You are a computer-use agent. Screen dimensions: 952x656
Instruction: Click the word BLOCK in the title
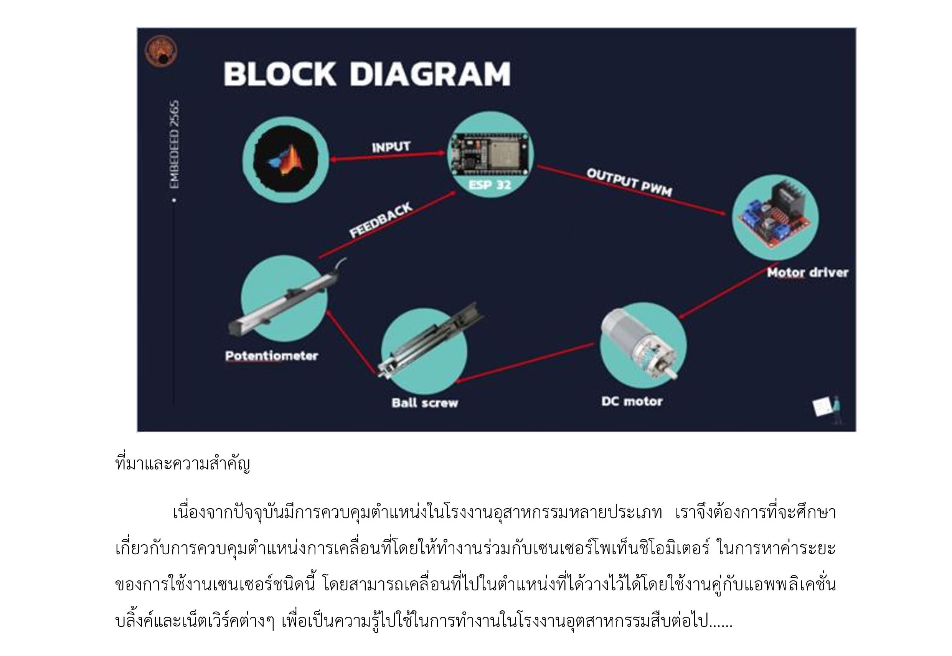coord(280,74)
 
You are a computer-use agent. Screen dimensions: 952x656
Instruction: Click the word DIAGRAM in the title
coord(430,74)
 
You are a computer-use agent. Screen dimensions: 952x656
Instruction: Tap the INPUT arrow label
coord(391,147)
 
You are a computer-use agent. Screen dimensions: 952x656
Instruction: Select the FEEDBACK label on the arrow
coord(381,220)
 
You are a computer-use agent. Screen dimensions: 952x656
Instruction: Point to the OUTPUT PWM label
coord(629,182)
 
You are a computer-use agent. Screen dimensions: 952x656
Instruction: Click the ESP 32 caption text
coord(490,185)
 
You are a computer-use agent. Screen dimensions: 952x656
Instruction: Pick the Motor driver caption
coord(807,273)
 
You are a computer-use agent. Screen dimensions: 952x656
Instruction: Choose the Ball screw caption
coord(424,402)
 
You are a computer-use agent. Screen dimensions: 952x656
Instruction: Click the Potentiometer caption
coord(272,355)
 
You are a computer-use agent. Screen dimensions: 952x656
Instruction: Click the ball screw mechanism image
coord(429,341)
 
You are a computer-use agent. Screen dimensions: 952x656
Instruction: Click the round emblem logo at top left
coord(161,51)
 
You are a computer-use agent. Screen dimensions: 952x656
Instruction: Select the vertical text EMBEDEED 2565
coord(175,145)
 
